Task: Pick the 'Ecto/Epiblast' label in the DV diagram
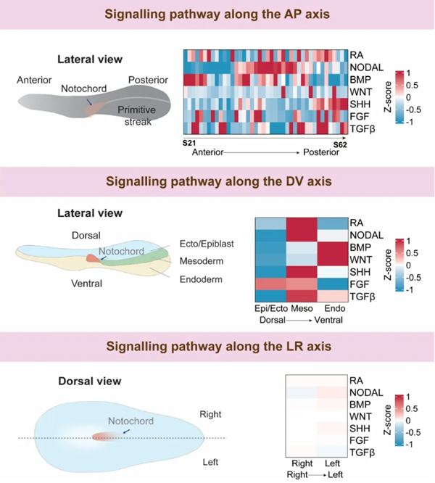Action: (208, 244)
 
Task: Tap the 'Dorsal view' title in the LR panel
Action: (89, 380)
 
